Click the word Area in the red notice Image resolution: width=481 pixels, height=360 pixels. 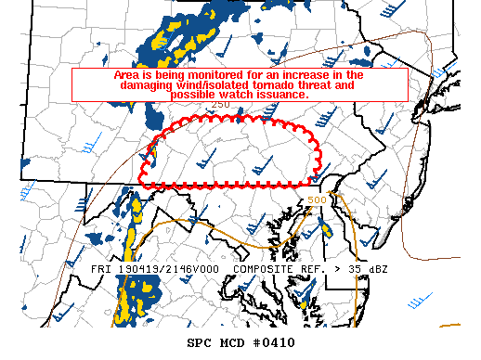coord(127,74)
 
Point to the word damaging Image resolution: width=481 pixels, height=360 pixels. coord(150,84)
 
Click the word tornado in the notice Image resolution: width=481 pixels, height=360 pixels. coord(263,84)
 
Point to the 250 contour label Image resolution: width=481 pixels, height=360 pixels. coord(220,105)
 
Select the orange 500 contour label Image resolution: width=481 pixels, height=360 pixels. coord(317,200)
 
